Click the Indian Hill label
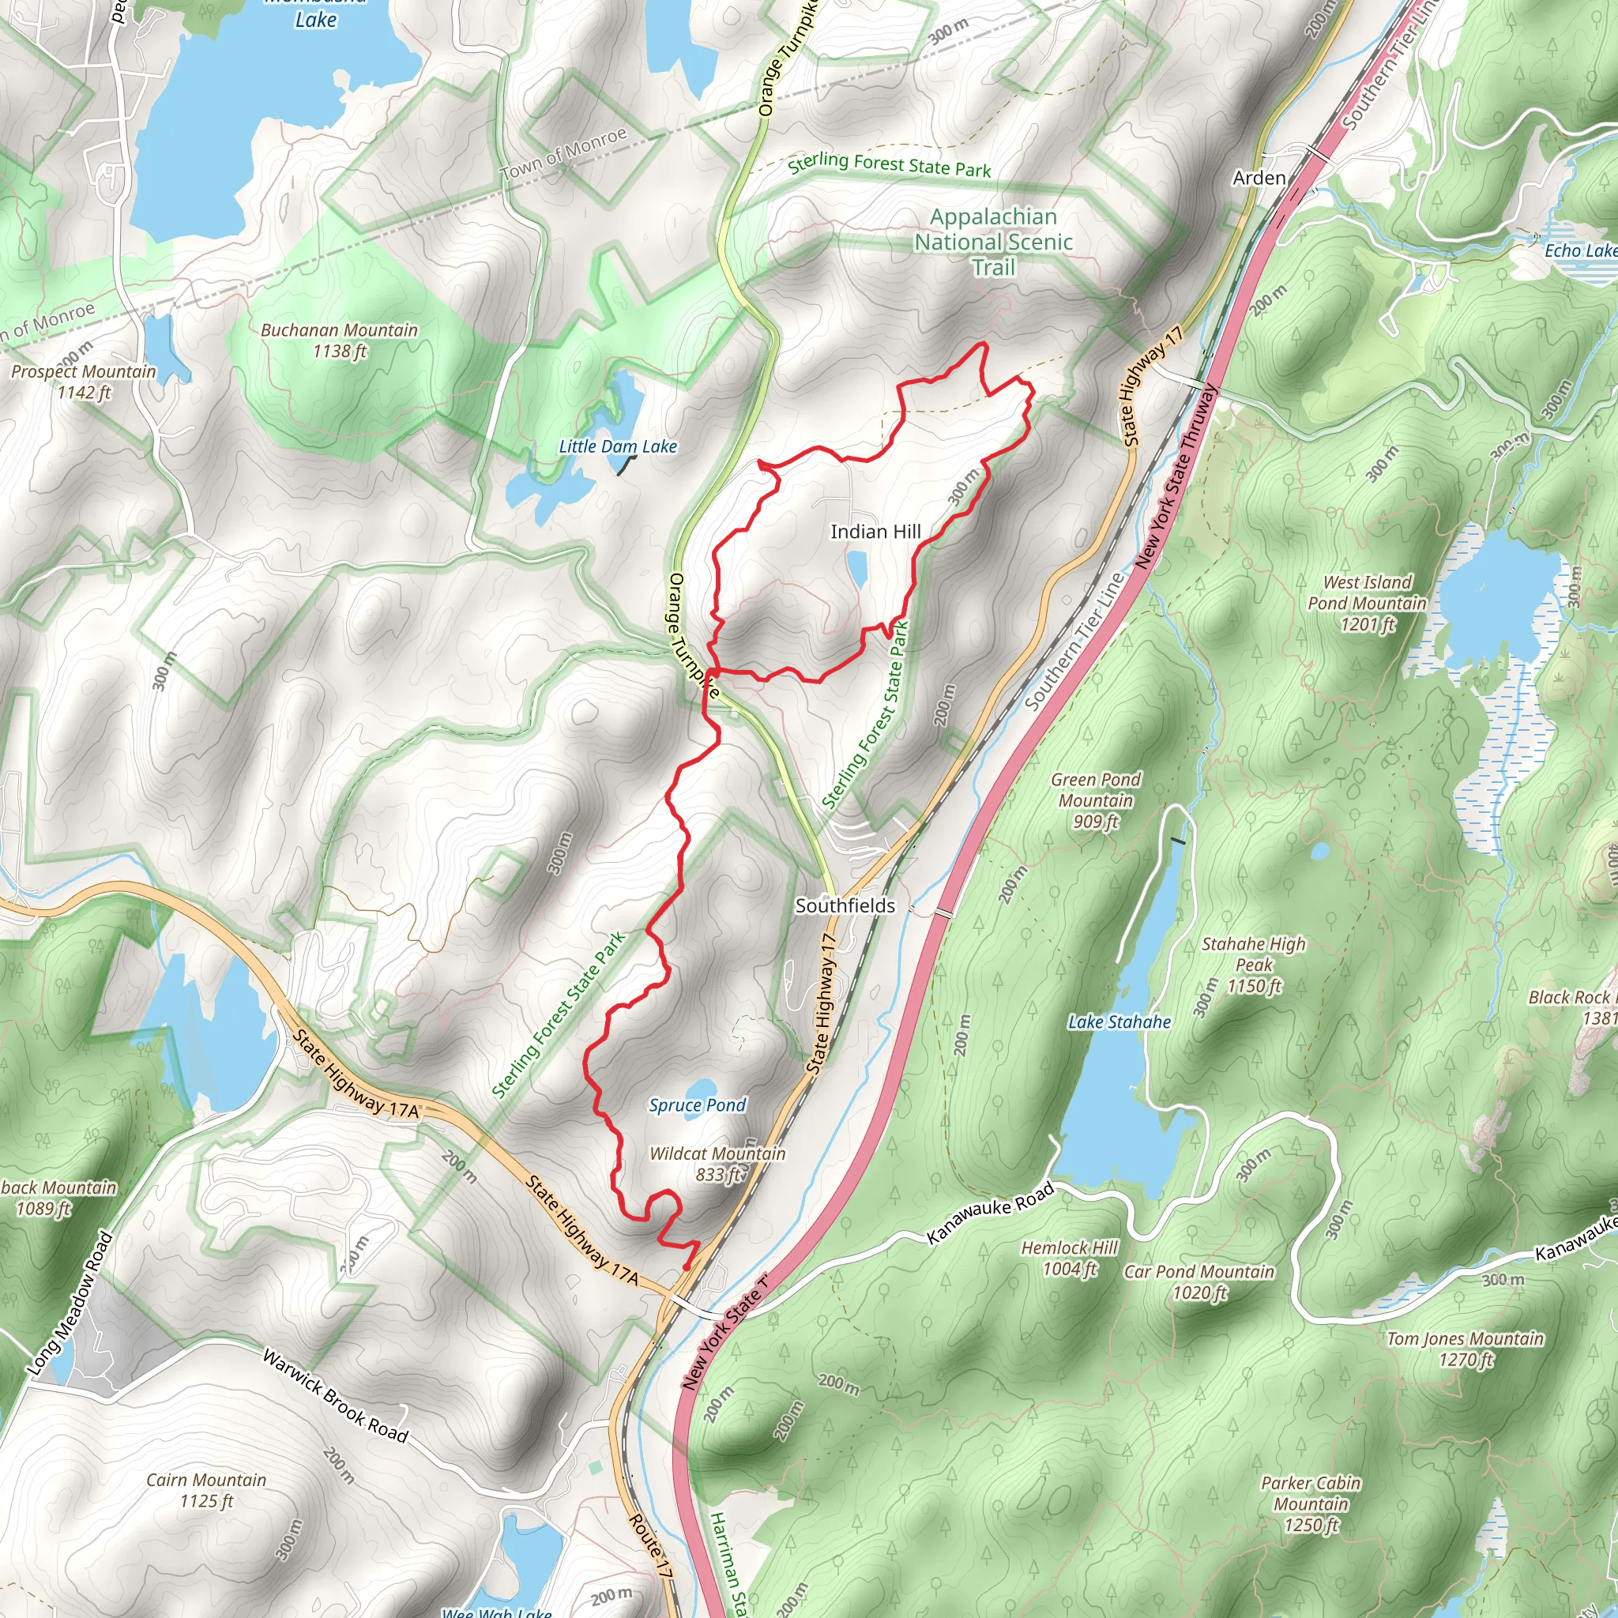click(x=875, y=532)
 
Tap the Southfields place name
click(x=845, y=905)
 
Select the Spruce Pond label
click(x=697, y=1105)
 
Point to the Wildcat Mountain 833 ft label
click(x=717, y=1164)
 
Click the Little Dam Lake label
click(x=617, y=446)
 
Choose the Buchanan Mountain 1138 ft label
click(x=338, y=340)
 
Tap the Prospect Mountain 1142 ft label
click(x=83, y=381)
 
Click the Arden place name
click(x=1259, y=178)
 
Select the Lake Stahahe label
click(x=1119, y=1022)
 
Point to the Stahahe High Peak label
click(x=1253, y=965)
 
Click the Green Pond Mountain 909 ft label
click(x=1096, y=800)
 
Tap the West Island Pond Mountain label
click(x=1367, y=603)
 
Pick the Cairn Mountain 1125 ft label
click(x=206, y=1490)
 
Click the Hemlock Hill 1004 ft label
click(x=1070, y=1258)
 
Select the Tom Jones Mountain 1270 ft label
click(x=1465, y=1349)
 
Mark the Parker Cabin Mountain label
click(x=1311, y=1504)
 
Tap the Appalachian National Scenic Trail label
click(x=993, y=242)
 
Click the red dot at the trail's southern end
click(x=686, y=1268)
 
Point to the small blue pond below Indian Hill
click(x=856, y=569)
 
